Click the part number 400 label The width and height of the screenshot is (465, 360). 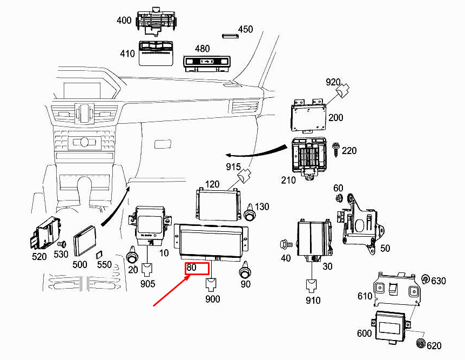tap(124, 21)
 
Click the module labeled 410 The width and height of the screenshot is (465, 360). tap(156, 53)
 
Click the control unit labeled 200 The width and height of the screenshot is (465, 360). tap(308, 117)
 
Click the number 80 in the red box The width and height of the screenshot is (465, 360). tap(191, 267)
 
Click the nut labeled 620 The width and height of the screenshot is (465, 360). tap(421, 343)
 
